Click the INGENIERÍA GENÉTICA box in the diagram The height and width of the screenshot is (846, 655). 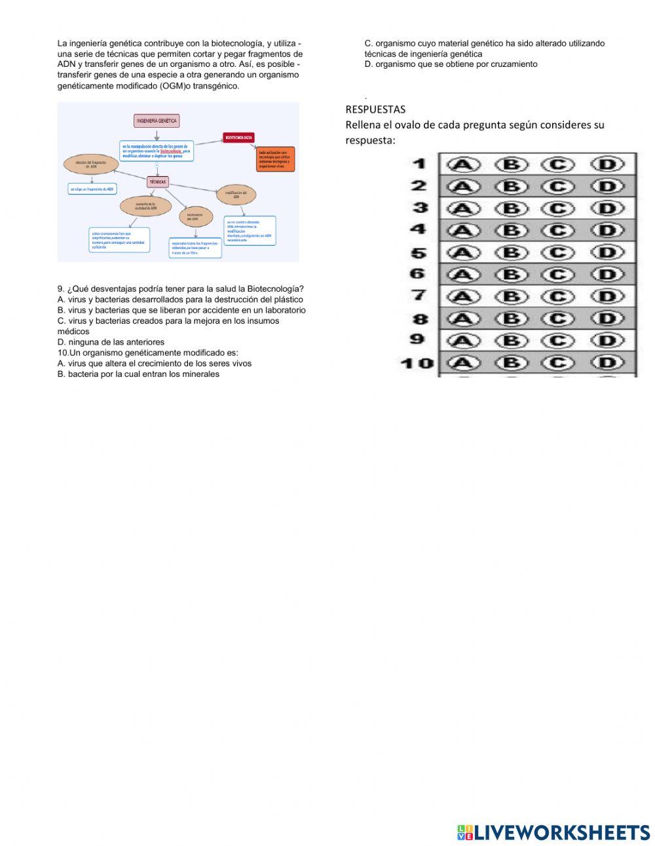click(x=156, y=121)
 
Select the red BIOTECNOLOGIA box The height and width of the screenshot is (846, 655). click(x=238, y=138)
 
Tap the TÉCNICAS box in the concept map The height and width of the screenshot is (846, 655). click(x=158, y=182)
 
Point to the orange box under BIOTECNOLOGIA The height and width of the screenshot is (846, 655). click(x=276, y=159)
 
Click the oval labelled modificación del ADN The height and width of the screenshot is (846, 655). click(x=236, y=195)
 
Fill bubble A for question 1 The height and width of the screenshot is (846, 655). click(x=463, y=164)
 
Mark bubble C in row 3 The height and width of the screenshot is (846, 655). click(x=557, y=208)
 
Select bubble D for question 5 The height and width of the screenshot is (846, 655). click(x=607, y=252)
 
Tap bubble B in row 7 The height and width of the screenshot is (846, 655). click(x=512, y=296)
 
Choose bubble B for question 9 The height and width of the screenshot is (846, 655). click(x=512, y=340)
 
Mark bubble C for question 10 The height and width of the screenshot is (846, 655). click(x=557, y=362)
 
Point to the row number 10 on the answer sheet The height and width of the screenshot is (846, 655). click(x=417, y=362)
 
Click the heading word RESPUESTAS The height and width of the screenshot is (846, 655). click(x=375, y=109)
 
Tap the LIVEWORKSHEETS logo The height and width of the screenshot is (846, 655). click(x=553, y=832)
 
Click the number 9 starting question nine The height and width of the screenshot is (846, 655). click(x=60, y=289)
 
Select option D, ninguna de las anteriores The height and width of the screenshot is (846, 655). click(x=111, y=342)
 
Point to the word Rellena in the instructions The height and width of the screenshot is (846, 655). click(x=364, y=125)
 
